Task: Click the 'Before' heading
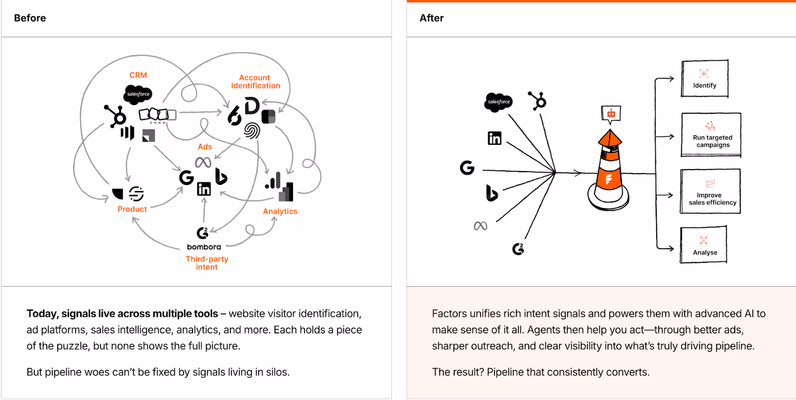30,18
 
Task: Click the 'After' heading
431,18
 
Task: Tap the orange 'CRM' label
138,75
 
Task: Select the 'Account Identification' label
255,82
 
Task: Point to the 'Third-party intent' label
207,263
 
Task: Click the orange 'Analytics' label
280,211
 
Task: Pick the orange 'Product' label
132,209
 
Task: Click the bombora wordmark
204,247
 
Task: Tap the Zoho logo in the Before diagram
157,115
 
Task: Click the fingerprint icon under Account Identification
252,130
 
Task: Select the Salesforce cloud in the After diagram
498,102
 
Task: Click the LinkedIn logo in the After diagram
495,138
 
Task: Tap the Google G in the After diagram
467,168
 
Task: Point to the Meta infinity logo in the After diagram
481,226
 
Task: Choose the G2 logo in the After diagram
518,248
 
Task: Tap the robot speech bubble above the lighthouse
611,114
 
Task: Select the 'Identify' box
704,79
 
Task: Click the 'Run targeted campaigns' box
711,135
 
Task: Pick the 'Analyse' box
704,244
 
